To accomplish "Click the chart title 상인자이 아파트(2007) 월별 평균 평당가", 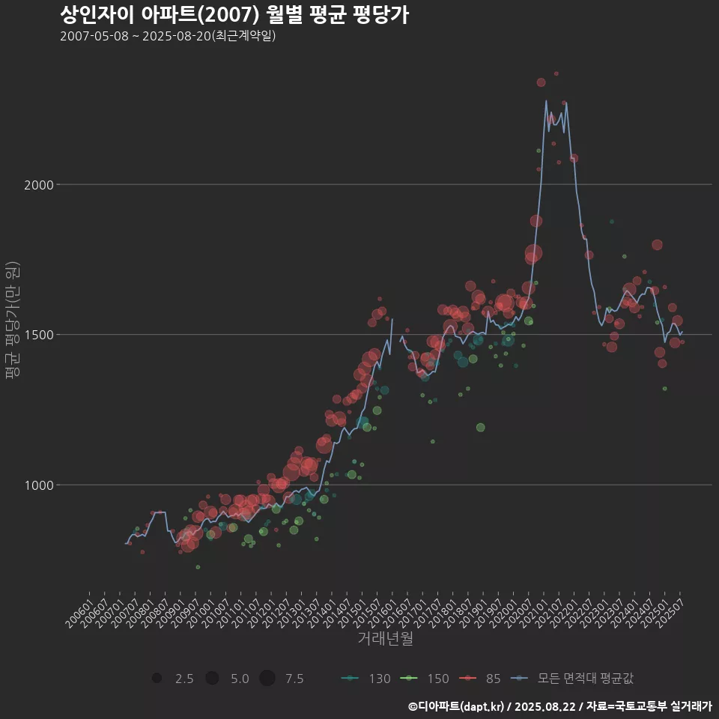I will (234, 15).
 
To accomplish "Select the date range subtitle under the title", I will (168, 36).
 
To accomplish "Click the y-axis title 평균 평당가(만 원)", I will (11, 322).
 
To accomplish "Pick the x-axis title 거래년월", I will (385, 639).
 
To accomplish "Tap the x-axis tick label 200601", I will (79, 608).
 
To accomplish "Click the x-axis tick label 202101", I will (535, 608).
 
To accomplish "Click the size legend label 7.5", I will (294, 679).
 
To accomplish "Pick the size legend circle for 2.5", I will (157, 679).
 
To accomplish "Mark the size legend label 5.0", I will (240, 679).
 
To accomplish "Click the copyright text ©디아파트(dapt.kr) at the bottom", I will (457, 706).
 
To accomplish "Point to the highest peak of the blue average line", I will (545, 100).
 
